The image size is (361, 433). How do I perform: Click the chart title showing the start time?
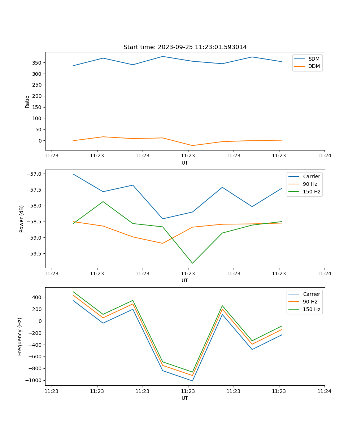[185, 47]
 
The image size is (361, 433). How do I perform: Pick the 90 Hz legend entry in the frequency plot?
[310, 302]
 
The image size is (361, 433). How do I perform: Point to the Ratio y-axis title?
[27, 101]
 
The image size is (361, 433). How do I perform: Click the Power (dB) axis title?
[22, 219]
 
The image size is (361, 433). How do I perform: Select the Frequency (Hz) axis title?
[20, 336]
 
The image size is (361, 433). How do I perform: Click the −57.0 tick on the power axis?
[35, 174]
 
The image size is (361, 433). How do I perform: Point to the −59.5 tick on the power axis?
[35, 254]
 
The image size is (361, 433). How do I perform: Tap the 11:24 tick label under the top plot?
[324, 156]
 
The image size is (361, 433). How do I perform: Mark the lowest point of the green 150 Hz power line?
[192, 263]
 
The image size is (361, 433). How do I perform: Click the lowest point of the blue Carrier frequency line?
[192, 381]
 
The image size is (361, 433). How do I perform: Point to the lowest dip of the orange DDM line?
[192, 145]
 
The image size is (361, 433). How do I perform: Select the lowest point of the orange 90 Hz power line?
[162, 243]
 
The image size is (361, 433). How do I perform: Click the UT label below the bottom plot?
[185, 398]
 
